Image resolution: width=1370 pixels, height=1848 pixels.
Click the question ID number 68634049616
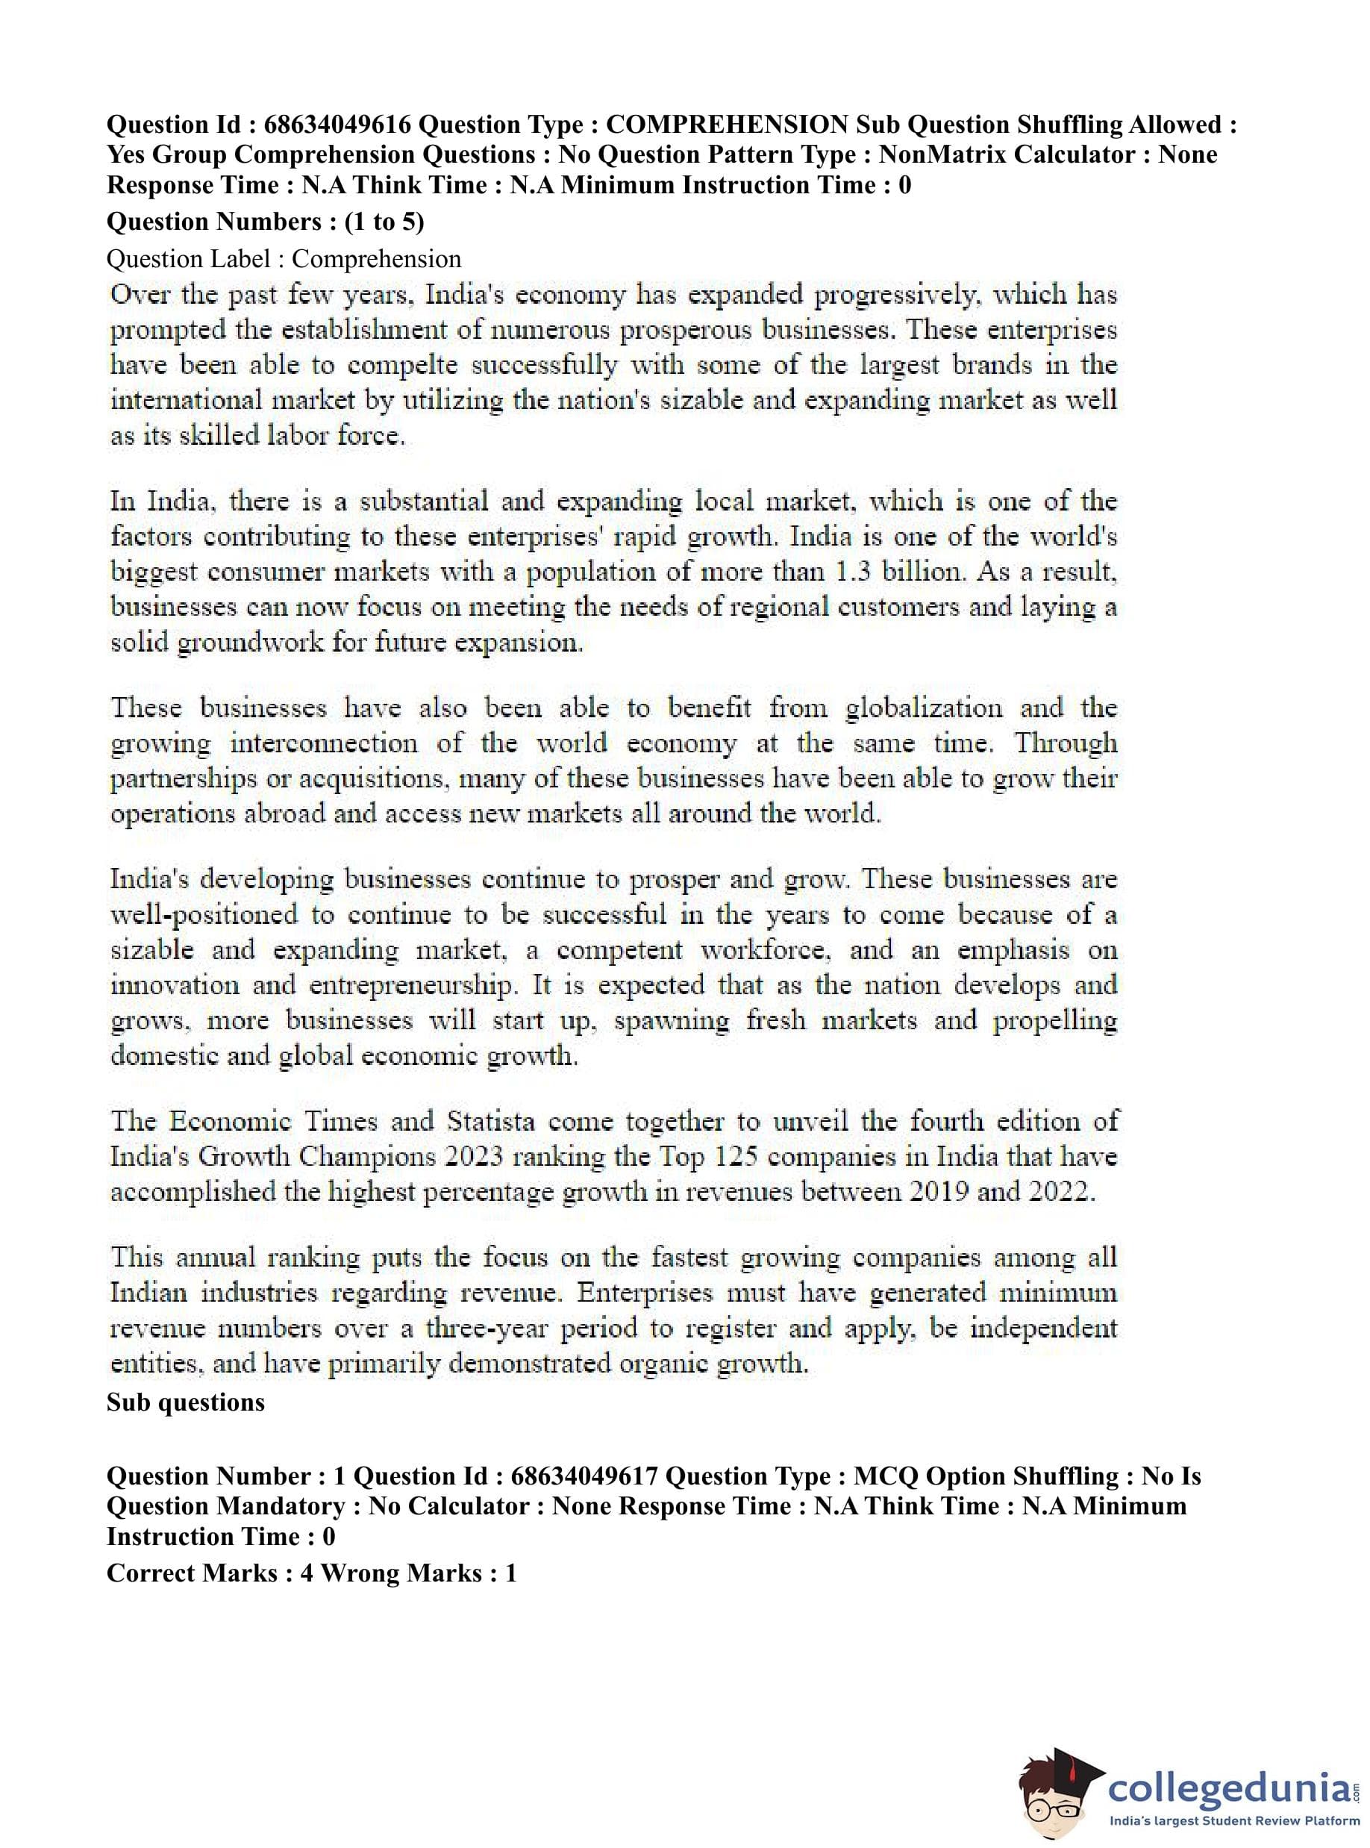(x=337, y=125)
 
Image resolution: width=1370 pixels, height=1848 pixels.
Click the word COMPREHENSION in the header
(x=727, y=125)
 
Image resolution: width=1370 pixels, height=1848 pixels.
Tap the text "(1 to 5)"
(x=384, y=222)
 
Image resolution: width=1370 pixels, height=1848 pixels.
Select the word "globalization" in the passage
(x=924, y=708)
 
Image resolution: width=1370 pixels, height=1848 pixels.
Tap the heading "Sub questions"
(x=186, y=1402)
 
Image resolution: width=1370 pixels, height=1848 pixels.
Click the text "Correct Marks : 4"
(x=210, y=1573)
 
